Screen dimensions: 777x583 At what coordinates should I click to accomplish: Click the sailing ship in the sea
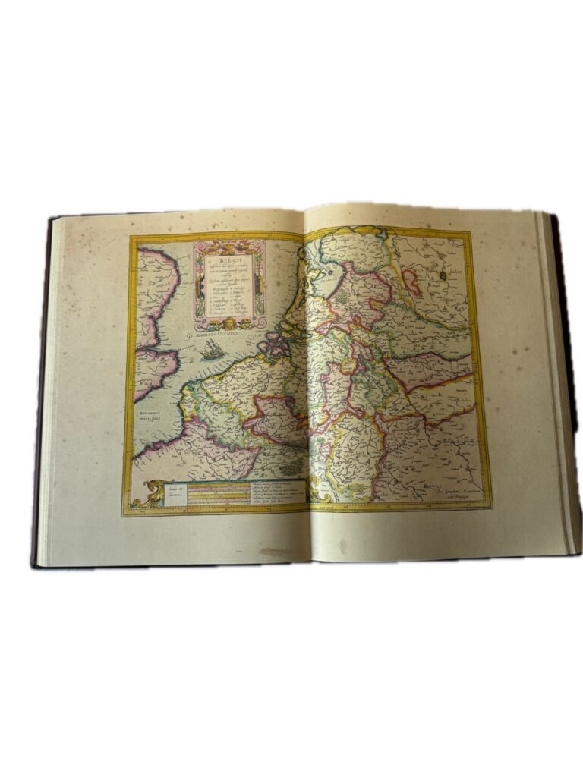pos(213,350)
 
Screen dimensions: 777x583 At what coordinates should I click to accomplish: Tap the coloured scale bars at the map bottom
pos(220,493)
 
